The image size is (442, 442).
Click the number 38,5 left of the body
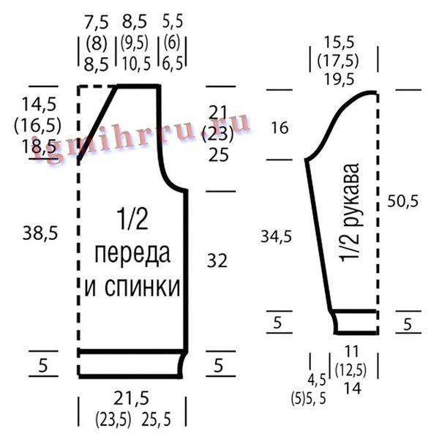[40, 233]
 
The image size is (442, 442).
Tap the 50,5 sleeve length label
[402, 201]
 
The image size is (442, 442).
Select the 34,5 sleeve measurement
[276, 236]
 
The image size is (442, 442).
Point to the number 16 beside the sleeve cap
[280, 127]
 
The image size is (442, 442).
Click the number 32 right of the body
[217, 261]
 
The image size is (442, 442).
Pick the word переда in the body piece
[132, 255]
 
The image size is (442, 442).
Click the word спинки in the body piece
[142, 288]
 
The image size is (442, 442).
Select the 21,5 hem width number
[132, 398]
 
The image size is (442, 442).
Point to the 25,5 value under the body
[156, 419]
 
